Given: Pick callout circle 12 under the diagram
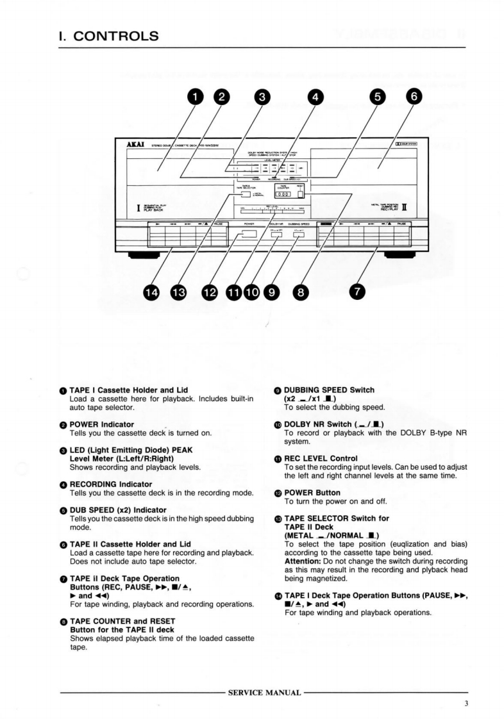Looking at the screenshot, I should point(210,292).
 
